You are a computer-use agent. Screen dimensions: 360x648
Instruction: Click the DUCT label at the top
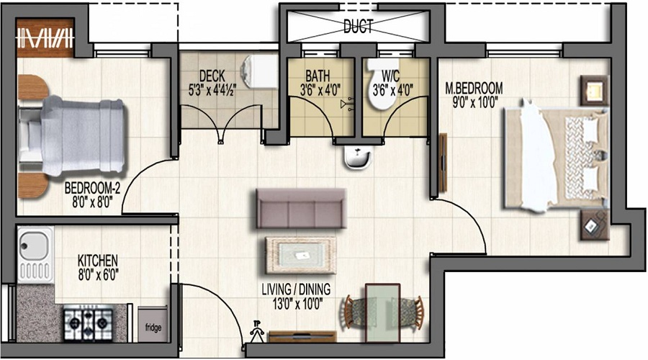pyautogui.click(x=358, y=27)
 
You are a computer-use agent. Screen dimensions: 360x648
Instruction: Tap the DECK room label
pyautogui.click(x=212, y=76)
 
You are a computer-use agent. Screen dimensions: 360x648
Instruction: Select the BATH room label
pyautogui.click(x=317, y=76)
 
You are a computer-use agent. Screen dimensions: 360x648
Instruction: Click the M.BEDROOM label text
pyautogui.click(x=474, y=89)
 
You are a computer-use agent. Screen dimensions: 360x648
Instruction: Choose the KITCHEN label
pyautogui.click(x=97, y=260)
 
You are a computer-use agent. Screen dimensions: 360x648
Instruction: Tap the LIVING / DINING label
pyautogui.click(x=296, y=289)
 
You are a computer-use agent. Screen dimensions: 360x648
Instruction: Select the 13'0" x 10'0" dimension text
pyautogui.click(x=296, y=302)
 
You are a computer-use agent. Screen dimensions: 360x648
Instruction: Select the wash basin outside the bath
pyautogui.click(x=356, y=156)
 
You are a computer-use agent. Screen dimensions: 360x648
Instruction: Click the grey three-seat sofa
pyautogui.click(x=299, y=208)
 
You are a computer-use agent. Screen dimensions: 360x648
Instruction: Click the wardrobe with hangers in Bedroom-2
pyautogui.click(x=45, y=37)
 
